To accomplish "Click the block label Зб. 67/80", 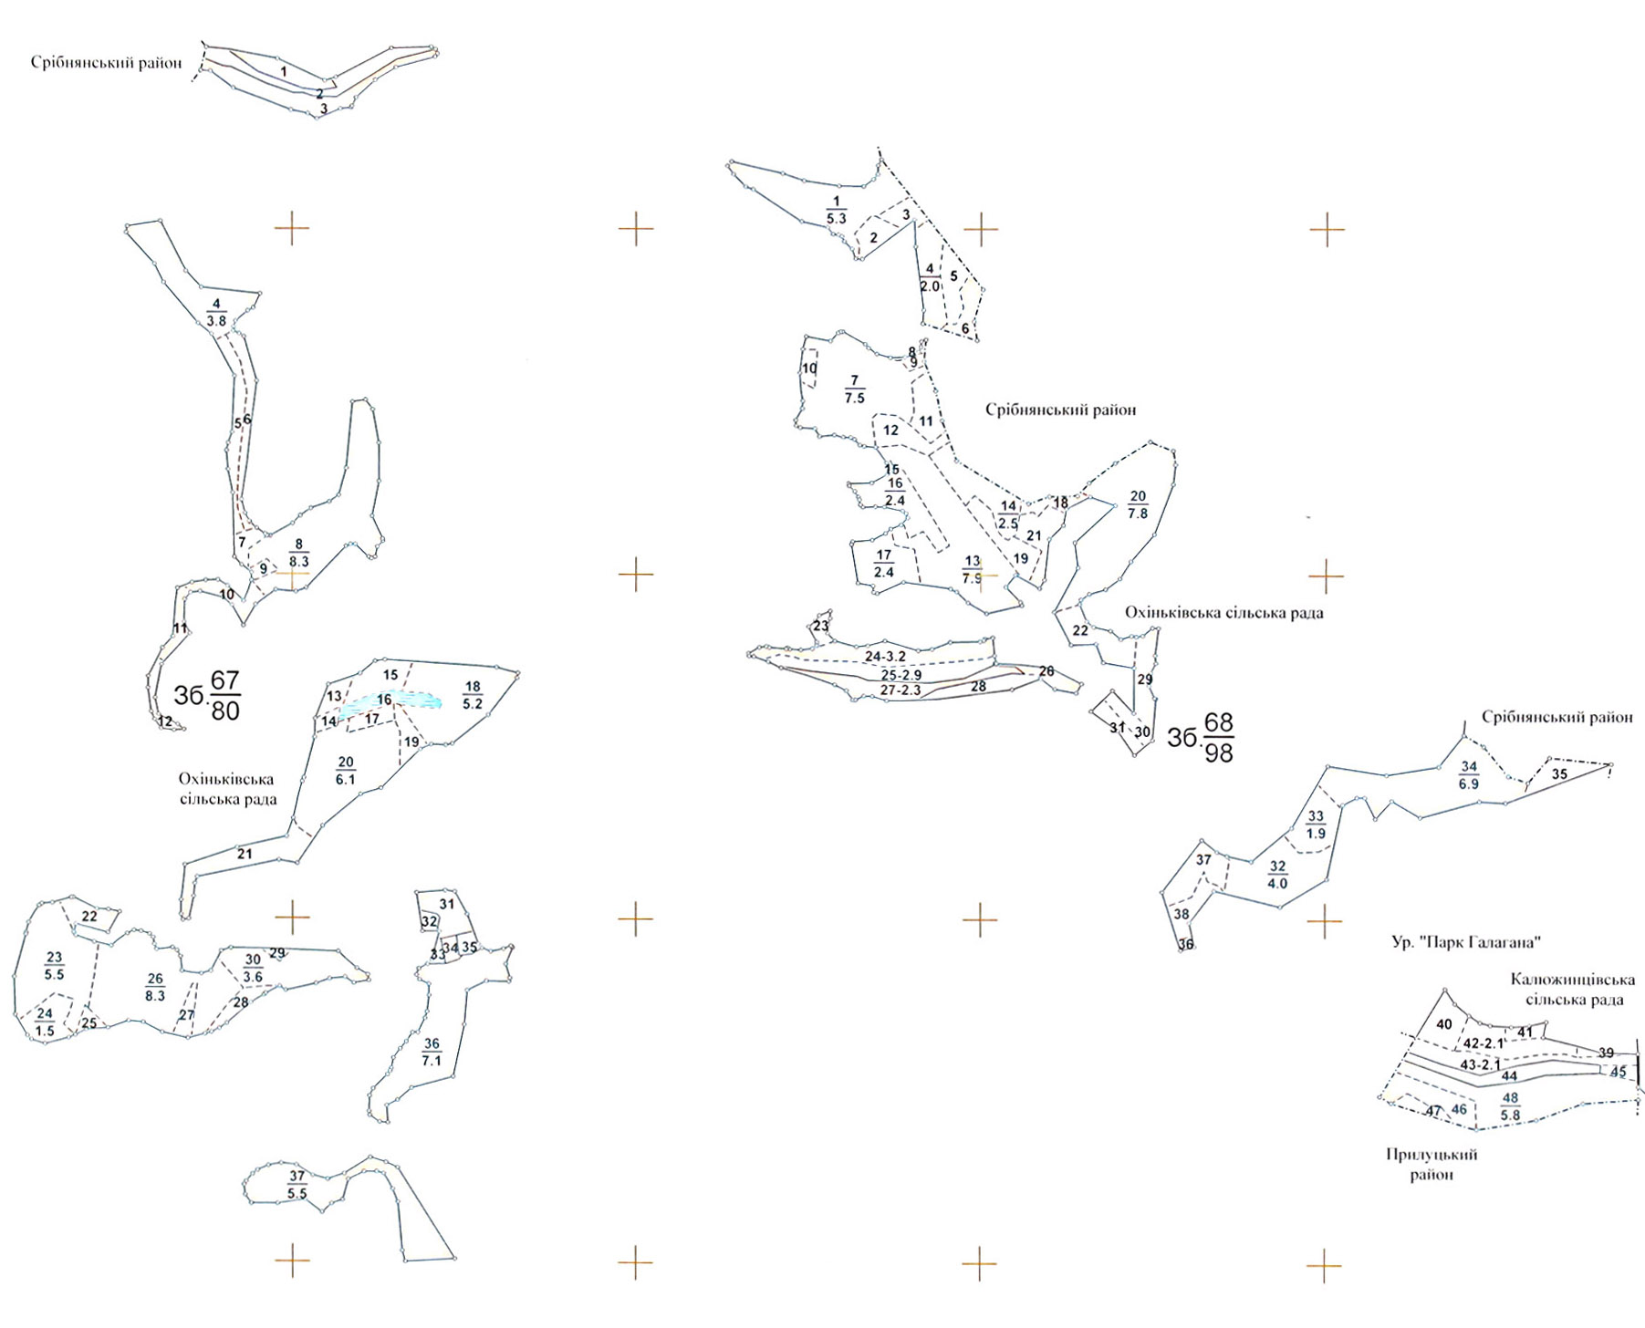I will click(208, 695).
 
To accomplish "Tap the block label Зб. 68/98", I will click(1201, 737).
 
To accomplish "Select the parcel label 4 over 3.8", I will click(216, 312).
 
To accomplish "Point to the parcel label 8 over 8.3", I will click(298, 553).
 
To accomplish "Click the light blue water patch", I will click(392, 701).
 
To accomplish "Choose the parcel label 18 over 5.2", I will click(473, 695).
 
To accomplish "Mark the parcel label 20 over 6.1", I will click(345, 771).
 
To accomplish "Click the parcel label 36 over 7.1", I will click(432, 1052).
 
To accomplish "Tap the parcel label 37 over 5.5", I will click(297, 1185).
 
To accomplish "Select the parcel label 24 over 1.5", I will click(45, 1022).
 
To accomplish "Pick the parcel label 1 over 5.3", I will click(836, 210).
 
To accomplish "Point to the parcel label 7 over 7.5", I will click(854, 389).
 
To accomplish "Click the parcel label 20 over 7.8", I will click(1138, 504).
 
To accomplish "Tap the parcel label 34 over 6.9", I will click(1468, 775).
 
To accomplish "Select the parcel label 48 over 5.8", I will click(1510, 1107).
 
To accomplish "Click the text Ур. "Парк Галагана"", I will click(1465, 942).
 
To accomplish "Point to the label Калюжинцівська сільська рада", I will click(1572, 990).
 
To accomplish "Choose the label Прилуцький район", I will click(1431, 1165).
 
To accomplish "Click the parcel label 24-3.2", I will click(885, 657).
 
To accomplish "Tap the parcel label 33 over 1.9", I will click(1316, 825).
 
